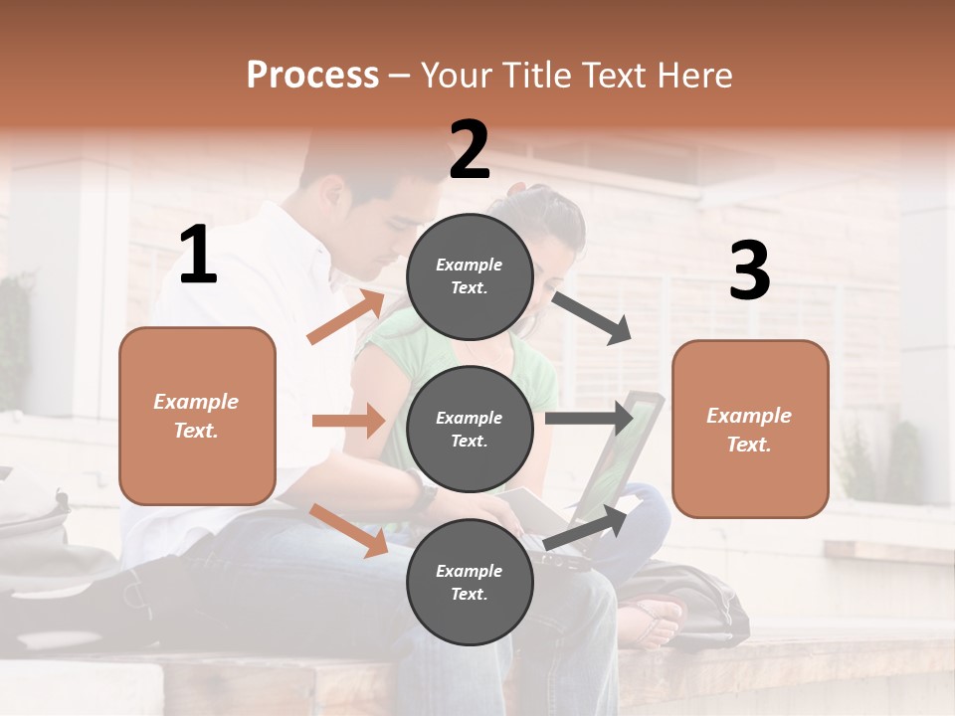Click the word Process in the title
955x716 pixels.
[312, 75]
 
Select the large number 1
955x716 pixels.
[198, 256]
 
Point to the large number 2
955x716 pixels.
[470, 150]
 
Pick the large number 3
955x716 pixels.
[749, 270]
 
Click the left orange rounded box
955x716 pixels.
[197, 416]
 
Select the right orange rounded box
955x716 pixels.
[750, 429]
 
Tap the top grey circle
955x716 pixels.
[470, 275]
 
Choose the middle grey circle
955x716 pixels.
[470, 429]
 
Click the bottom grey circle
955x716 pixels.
[470, 582]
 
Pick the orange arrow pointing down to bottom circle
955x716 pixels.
[348, 529]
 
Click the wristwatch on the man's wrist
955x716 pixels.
[422, 493]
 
